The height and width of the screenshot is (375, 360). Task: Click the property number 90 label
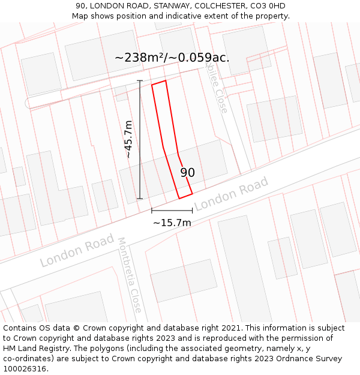pos(188,173)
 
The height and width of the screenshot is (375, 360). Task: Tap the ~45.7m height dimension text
pos(128,139)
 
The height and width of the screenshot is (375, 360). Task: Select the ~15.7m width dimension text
pos(172,223)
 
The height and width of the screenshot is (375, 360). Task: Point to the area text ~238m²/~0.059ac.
pos(172,58)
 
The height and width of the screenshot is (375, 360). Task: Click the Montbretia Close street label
pos(130,275)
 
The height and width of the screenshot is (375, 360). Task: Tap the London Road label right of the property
pos(231,195)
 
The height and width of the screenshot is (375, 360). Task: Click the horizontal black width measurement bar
pos(172,211)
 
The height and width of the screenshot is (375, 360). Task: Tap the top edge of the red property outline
pos(159,83)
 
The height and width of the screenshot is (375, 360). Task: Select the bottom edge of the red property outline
pos(185,196)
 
